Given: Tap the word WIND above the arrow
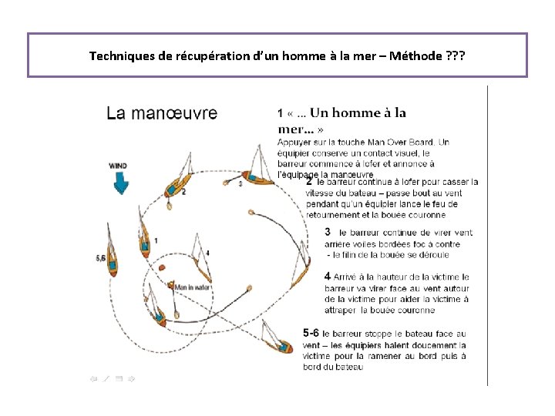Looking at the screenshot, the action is pyautogui.click(x=118, y=165).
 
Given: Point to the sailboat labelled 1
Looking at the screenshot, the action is pyautogui.click(x=145, y=243).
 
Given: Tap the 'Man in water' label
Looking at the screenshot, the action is pyautogui.click(x=193, y=287).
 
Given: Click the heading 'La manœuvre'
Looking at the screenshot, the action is pyautogui.click(x=161, y=113).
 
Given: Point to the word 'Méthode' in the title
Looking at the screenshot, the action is pyautogui.click(x=417, y=56).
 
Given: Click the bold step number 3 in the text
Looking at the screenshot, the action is pyautogui.click(x=328, y=231).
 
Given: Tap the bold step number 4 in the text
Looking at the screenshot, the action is pyautogui.click(x=328, y=275).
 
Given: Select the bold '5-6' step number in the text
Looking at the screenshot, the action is pyautogui.click(x=311, y=333).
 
